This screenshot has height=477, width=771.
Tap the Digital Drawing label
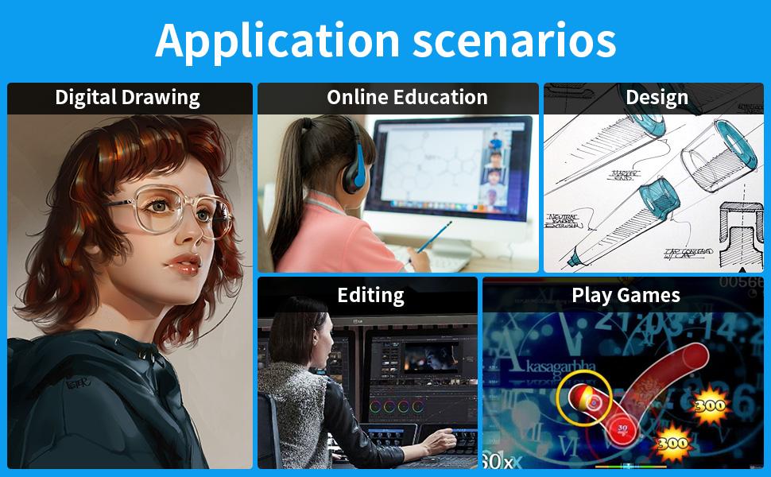pos(127,98)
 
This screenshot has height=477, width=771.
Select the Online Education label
pos(407,98)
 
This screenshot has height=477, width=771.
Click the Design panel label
pos(657,98)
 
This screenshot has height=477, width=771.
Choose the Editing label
pos(370,295)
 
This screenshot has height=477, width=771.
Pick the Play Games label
pos(626,295)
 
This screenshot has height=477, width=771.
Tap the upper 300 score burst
pos(709,405)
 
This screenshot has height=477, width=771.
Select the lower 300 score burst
pos(672,442)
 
